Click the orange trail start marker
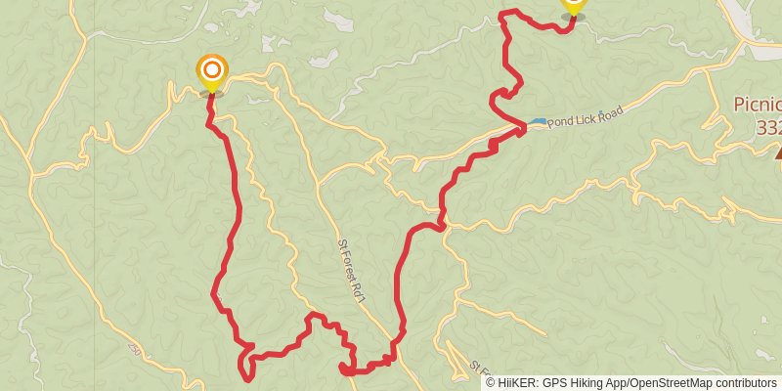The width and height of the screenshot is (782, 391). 212,73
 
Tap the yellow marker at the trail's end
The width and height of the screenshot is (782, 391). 574,6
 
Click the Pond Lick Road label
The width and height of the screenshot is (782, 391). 586,117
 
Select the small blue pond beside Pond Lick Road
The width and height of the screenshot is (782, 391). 538,122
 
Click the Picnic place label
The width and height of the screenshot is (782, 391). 759,106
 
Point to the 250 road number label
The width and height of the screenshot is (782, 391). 135,349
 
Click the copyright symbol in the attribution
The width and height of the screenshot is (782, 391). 492,382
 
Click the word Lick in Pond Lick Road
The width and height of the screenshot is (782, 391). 585,118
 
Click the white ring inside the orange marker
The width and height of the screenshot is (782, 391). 212,69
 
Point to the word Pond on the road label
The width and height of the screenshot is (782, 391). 561,121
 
